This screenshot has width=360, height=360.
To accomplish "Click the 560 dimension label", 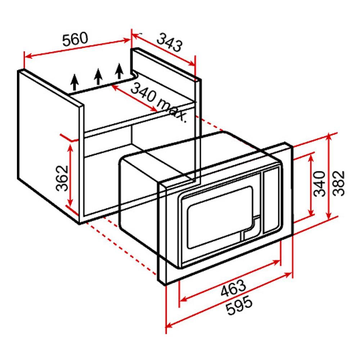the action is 75,39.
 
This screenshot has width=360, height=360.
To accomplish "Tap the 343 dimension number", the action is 170,42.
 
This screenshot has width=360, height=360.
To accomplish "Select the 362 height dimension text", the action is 62,178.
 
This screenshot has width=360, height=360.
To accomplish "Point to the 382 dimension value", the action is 339,183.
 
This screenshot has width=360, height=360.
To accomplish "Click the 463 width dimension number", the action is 233,288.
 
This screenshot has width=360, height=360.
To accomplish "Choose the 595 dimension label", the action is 239,305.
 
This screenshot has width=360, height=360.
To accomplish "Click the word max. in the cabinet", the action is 172,111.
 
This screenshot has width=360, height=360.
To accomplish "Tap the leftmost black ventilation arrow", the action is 75,82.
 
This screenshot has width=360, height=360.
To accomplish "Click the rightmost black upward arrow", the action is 119,71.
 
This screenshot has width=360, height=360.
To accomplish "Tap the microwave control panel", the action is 271,201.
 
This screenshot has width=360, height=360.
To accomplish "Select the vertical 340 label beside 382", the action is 320,184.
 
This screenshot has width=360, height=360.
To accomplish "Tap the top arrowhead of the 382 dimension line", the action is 329,137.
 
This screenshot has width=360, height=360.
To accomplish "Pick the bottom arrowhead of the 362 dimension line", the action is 70,202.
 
